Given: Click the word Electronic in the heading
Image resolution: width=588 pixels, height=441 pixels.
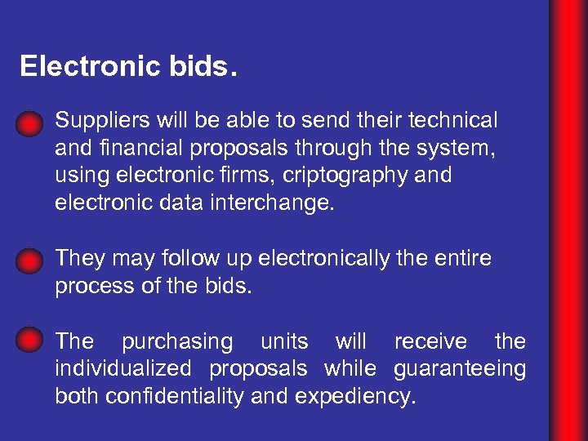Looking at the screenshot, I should coord(79,66).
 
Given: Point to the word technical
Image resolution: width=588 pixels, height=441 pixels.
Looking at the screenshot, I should coord(452,121).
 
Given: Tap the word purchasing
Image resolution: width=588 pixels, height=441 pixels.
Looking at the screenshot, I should coord(176,341).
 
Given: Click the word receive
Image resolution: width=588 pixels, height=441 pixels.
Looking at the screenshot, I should coord(430,341).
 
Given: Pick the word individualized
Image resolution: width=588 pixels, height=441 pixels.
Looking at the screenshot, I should coord(123,369).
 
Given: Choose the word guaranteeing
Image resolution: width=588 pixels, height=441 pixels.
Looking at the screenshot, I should coord(460,369).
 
